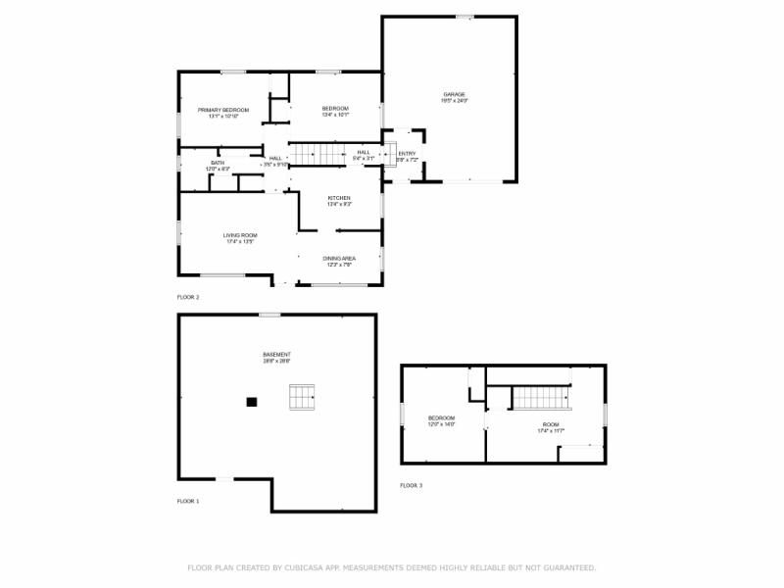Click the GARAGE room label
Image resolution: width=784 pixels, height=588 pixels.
[x=454, y=94]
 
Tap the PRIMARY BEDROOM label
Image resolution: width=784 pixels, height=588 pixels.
[x=221, y=110]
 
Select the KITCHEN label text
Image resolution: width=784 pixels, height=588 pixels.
[x=338, y=198]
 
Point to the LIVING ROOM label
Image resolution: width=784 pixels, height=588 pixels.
[x=239, y=235]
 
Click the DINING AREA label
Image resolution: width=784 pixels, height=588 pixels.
[x=338, y=259]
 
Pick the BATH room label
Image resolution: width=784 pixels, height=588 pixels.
[x=217, y=163]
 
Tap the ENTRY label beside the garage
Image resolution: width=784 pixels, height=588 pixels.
[x=407, y=154]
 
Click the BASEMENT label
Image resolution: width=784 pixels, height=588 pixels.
[x=276, y=355]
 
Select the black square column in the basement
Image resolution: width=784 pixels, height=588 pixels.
[x=252, y=401]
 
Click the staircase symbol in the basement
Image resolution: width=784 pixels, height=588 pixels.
[x=302, y=397]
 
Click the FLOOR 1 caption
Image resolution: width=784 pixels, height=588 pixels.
[x=187, y=501]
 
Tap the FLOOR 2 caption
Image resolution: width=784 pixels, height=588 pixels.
[x=187, y=297]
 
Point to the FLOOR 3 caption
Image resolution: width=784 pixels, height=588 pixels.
[x=411, y=485]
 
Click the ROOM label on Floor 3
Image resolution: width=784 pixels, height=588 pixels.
[x=551, y=424]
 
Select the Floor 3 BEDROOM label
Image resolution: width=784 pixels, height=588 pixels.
[x=442, y=418]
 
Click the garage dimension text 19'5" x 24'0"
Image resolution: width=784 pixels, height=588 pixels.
[x=454, y=101]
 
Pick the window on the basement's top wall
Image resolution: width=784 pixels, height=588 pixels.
[x=269, y=315]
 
